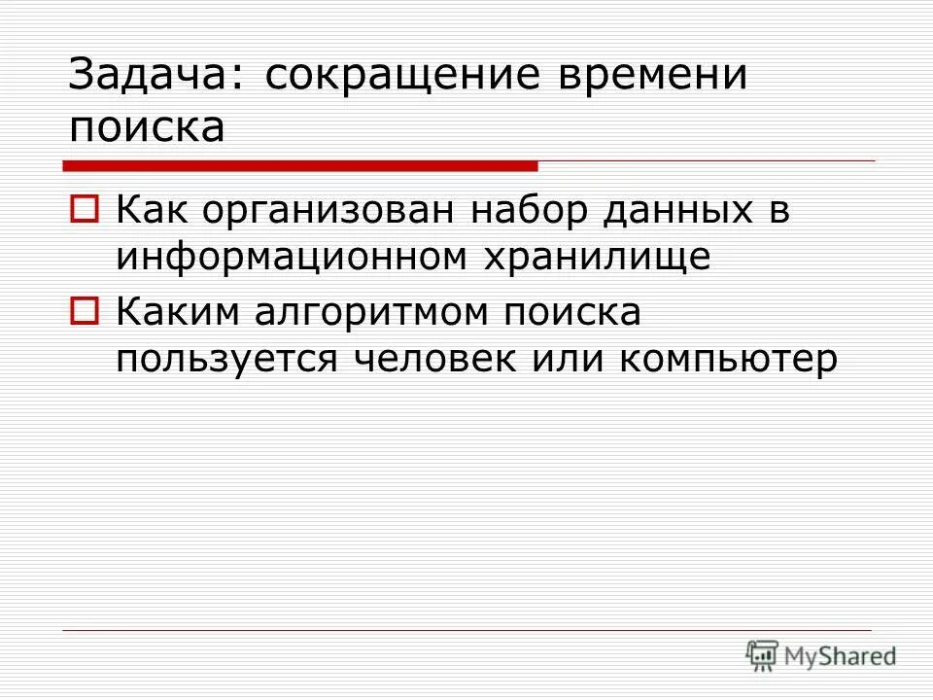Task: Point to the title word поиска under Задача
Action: tap(146, 126)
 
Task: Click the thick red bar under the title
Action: tap(302, 165)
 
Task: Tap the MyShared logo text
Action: tap(841, 656)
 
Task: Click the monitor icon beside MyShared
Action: tap(762, 656)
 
